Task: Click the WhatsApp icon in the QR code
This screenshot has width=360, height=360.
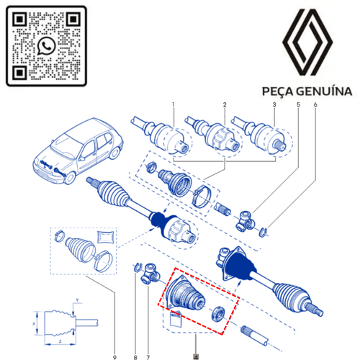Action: [46, 46]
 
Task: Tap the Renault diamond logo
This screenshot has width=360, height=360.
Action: [307, 42]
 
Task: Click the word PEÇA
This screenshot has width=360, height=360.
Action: [278, 91]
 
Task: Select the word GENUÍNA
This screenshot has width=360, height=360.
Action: [324, 91]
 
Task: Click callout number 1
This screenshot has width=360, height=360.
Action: [174, 104]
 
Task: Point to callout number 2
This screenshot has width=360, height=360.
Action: [225, 104]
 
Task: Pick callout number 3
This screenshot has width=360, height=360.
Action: [274, 104]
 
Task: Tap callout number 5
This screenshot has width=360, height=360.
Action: [298, 104]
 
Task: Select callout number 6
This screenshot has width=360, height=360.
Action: [315, 104]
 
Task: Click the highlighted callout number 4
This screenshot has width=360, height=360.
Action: [196, 357]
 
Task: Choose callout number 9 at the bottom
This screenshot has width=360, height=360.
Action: [114, 357]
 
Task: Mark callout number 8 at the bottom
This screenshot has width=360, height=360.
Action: [135, 357]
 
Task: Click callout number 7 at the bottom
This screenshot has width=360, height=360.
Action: [148, 357]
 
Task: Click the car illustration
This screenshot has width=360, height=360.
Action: [78, 150]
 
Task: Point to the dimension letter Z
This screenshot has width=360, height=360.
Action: [60, 341]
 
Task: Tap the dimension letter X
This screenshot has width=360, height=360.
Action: [34, 323]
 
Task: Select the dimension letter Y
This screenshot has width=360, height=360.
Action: [77, 300]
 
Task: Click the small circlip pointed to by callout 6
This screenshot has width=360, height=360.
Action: [264, 232]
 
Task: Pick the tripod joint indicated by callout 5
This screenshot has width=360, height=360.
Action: [245, 221]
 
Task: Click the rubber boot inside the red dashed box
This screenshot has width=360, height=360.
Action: [185, 293]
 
